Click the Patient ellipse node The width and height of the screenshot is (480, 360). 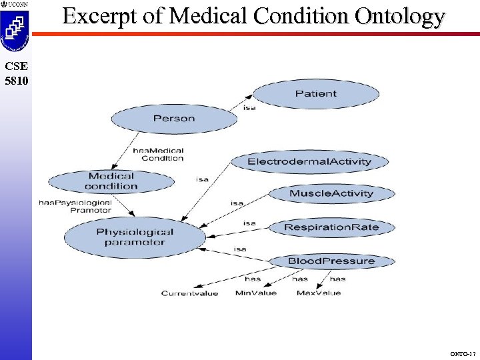pos(315,94)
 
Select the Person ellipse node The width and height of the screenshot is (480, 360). pos(174,119)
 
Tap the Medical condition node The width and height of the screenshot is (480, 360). pos(111,181)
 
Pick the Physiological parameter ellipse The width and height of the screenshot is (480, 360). pos(135,237)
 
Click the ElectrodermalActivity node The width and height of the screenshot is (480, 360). pos(309,162)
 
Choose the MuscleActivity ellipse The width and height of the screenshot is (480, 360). pos(331,194)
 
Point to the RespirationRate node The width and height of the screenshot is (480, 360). pos(331,227)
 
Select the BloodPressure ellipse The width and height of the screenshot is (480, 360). pos(331,261)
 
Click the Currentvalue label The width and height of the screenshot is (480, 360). pos(189,293)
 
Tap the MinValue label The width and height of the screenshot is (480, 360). pos(255,293)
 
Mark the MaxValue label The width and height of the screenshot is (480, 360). pos(318,293)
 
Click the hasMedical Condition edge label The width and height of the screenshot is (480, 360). pos(158,155)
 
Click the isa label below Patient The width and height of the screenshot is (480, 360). pos(249,107)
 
